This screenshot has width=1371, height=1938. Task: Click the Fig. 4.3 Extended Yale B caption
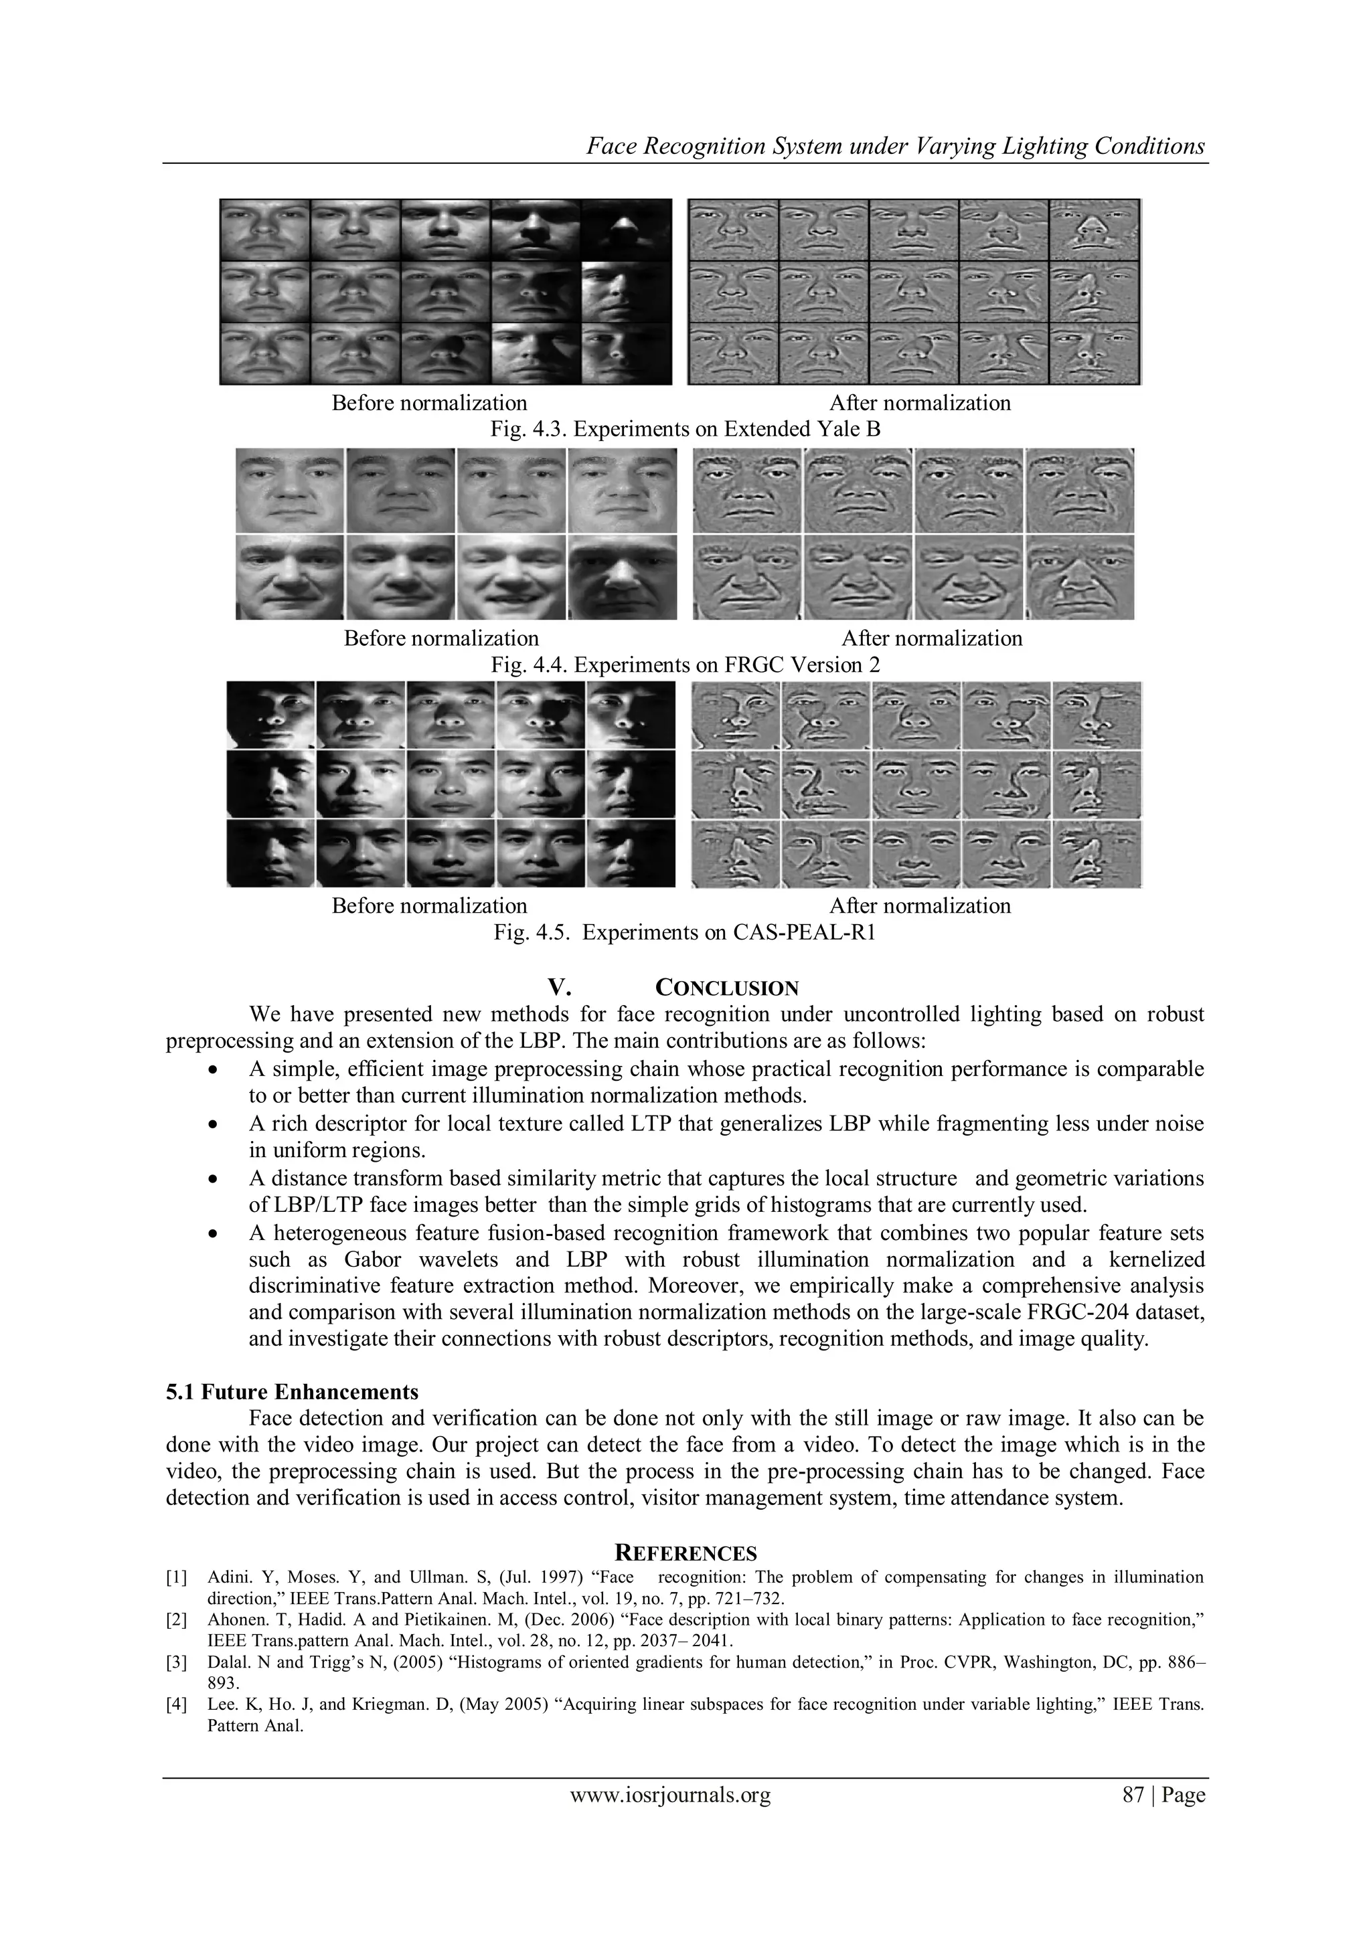coord(685,430)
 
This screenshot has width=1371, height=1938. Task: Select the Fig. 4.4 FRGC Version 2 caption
coord(685,665)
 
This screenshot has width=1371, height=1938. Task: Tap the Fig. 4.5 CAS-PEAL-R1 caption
coord(685,933)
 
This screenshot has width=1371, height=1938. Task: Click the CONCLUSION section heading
coord(726,988)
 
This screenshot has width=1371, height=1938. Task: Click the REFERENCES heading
coord(685,1553)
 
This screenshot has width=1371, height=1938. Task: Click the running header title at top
coord(895,147)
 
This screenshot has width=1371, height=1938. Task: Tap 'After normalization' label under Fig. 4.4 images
coord(931,639)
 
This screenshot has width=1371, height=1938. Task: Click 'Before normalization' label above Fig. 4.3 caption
coord(429,404)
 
